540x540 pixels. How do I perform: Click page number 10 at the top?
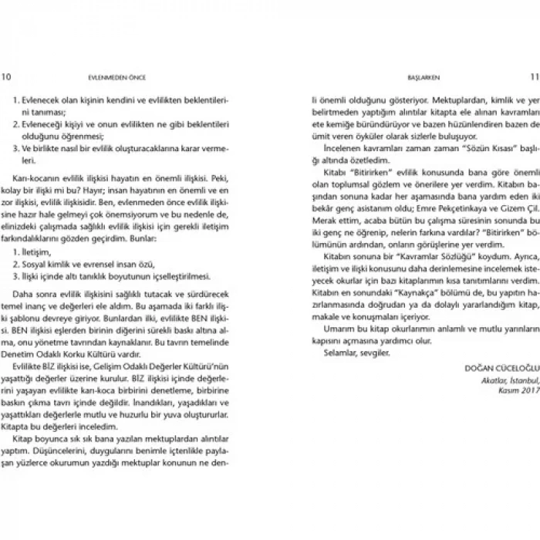7,76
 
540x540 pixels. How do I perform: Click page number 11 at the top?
532,76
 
